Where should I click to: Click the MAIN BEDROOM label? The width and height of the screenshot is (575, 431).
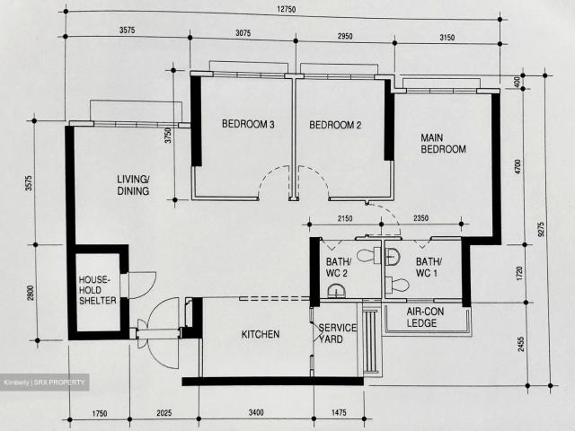pos(443,144)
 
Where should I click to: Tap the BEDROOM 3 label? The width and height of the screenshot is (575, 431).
pos(248,125)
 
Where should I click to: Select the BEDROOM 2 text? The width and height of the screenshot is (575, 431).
pos(335,126)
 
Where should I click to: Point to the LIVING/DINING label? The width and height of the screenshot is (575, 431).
pos(133,185)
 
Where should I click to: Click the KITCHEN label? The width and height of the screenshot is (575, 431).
pos(261,334)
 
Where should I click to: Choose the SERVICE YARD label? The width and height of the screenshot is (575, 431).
pos(338,333)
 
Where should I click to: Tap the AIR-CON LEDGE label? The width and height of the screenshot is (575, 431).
pos(422,318)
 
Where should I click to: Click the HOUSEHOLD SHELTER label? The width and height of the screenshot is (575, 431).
pos(94,290)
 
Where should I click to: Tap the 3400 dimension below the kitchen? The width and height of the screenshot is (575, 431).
pos(255,413)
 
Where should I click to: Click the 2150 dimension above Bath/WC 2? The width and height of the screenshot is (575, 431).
pos(343,218)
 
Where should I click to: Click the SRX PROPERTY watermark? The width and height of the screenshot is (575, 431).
pos(45,383)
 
